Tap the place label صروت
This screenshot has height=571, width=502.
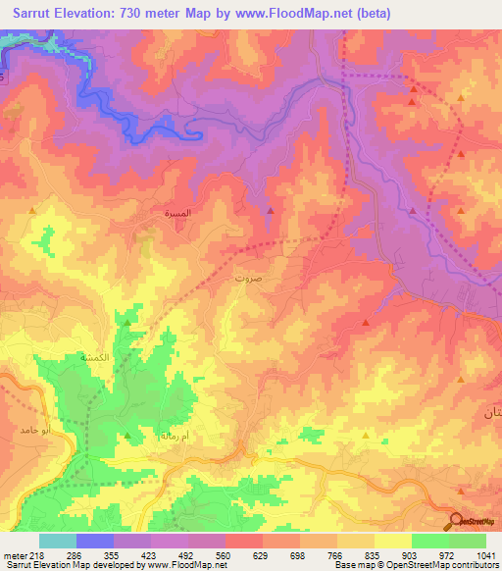point(275,278)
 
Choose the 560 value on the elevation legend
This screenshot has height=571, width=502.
point(224,555)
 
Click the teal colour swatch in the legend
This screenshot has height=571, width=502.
point(58,541)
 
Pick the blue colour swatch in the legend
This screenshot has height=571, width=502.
point(95,541)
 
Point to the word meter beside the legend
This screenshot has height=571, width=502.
point(13,555)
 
